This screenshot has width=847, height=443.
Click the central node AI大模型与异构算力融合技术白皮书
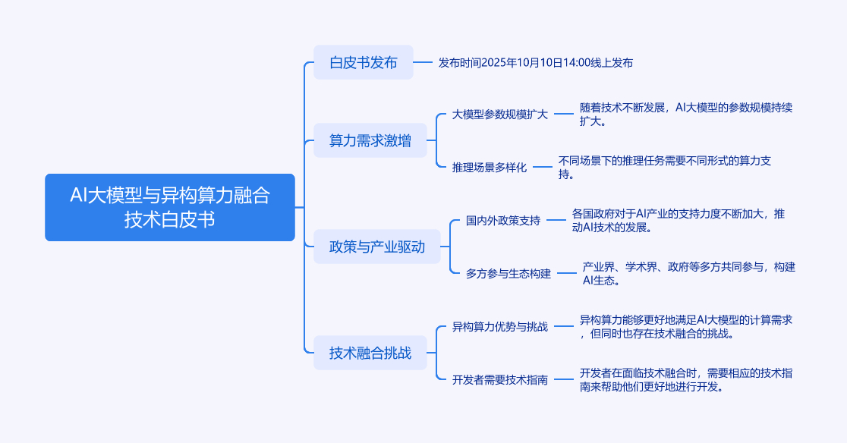(x=169, y=207)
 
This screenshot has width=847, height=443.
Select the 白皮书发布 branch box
(x=364, y=62)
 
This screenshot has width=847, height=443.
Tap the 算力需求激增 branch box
(x=370, y=140)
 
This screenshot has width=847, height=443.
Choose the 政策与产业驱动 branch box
(x=376, y=247)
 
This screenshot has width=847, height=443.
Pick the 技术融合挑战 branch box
(x=370, y=353)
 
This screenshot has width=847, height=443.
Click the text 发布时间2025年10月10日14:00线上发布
(x=535, y=62)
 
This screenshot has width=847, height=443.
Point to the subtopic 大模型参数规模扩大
(x=499, y=115)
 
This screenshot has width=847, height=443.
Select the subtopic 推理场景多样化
(x=489, y=167)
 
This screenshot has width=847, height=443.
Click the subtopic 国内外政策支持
(x=502, y=221)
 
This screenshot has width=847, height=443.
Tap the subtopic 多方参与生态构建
(x=508, y=273)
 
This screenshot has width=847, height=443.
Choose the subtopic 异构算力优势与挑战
(x=499, y=327)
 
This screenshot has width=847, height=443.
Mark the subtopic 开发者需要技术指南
(x=499, y=379)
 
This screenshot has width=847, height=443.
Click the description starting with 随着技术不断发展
(x=686, y=115)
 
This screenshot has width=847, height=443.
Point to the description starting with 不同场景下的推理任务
(x=665, y=167)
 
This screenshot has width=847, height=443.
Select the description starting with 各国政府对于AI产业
(x=679, y=220)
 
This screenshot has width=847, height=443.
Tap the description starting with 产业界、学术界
(x=688, y=273)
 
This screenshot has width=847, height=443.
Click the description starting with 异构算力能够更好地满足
(x=686, y=326)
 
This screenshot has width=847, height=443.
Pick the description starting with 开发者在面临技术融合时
(x=686, y=379)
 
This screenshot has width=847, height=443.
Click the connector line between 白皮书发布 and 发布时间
(x=423, y=62)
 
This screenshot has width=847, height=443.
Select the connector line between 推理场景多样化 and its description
(x=542, y=167)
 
